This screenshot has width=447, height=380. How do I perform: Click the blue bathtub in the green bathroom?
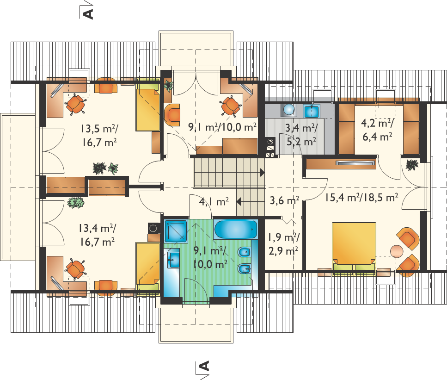(x=236, y=230)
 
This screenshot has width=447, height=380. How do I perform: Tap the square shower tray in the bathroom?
(x=176, y=231)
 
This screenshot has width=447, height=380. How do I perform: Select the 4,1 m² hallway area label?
(x=214, y=201)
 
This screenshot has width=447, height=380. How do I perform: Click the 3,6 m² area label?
(x=284, y=200)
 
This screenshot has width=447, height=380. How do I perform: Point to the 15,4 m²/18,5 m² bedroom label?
(x=361, y=197)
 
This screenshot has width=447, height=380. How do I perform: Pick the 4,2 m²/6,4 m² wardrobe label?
(x=377, y=130)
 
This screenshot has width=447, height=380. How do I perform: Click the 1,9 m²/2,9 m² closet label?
(x=284, y=244)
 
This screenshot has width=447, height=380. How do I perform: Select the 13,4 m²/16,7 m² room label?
(x=97, y=235)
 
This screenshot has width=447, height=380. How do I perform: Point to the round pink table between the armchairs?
(x=397, y=251)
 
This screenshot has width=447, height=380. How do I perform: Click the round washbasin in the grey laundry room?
(x=289, y=110)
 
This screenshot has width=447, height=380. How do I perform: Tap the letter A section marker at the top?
(x=89, y=13)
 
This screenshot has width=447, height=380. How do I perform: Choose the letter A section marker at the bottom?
(x=205, y=366)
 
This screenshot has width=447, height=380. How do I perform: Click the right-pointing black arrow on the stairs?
(x=262, y=173)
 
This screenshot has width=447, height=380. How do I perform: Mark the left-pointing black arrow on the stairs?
(x=239, y=202)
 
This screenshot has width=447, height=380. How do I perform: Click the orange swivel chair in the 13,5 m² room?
(x=75, y=104)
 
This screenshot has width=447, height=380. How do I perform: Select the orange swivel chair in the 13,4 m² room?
(x=75, y=269)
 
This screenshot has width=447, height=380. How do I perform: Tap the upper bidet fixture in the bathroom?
(x=244, y=253)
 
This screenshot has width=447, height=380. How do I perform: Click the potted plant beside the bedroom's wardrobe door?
(x=412, y=165)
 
